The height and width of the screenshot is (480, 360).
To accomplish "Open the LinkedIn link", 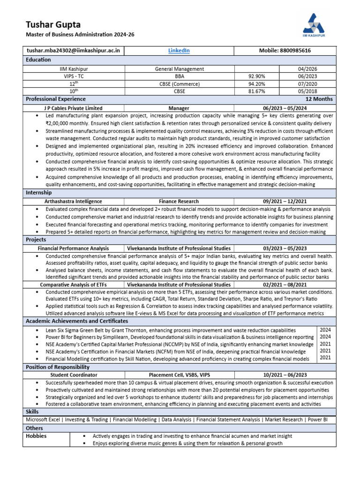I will click(179, 51).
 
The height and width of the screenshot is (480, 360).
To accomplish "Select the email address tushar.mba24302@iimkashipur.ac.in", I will click(73, 51).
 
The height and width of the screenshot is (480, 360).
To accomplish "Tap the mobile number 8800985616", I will click(285, 51).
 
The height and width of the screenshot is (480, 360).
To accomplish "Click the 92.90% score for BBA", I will click(256, 76).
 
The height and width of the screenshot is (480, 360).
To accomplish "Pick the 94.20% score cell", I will click(256, 84).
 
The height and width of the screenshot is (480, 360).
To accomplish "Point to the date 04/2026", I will click(307, 69).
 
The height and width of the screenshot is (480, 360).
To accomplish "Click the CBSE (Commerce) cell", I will click(180, 84).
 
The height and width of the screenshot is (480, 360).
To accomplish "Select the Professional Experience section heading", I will click(56, 99).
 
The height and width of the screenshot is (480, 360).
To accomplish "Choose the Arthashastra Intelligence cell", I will click(73, 201).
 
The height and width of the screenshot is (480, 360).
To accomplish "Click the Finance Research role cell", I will click(179, 201).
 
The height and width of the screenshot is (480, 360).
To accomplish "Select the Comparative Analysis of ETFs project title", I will click(73, 285).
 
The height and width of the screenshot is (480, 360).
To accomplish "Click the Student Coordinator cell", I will click(73, 375).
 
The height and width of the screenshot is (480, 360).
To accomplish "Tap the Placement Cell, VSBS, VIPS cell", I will click(179, 375).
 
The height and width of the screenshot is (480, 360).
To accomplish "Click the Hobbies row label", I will click(36, 436).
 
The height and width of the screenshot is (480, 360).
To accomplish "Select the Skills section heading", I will click(32, 411).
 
